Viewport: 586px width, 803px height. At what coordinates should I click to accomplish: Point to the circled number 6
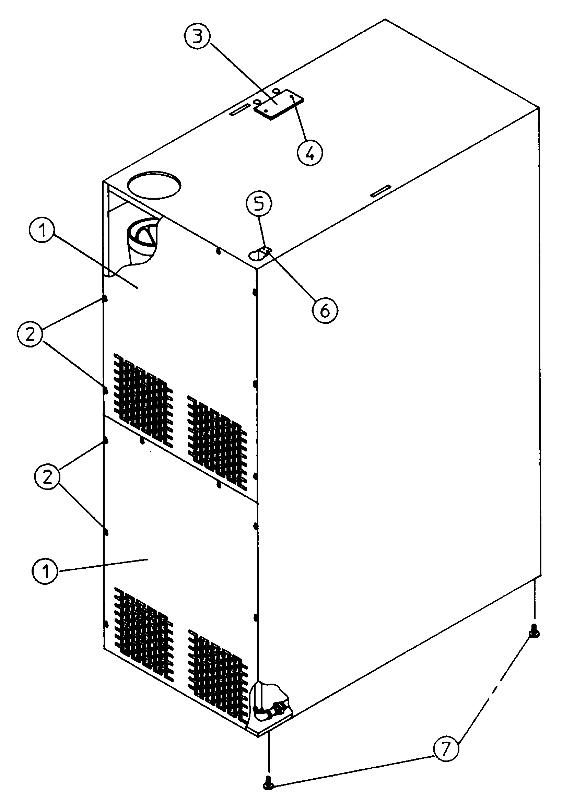pyautogui.click(x=325, y=311)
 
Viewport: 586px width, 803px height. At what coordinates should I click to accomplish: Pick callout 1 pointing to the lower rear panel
pyautogui.click(x=45, y=571)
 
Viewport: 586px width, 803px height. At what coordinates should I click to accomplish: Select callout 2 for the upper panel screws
pyautogui.click(x=31, y=334)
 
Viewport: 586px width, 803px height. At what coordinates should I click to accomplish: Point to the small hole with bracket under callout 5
pyautogui.click(x=261, y=254)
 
